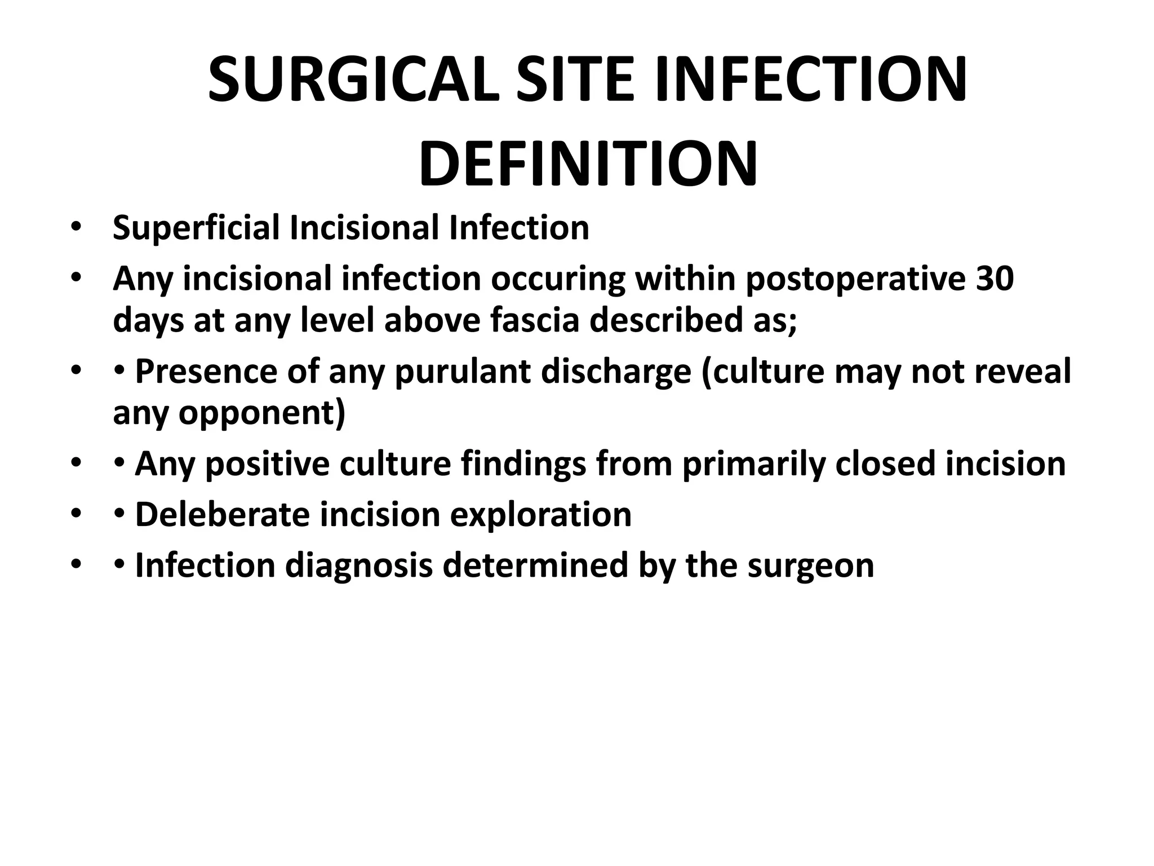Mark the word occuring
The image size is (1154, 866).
[x=558, y=279]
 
